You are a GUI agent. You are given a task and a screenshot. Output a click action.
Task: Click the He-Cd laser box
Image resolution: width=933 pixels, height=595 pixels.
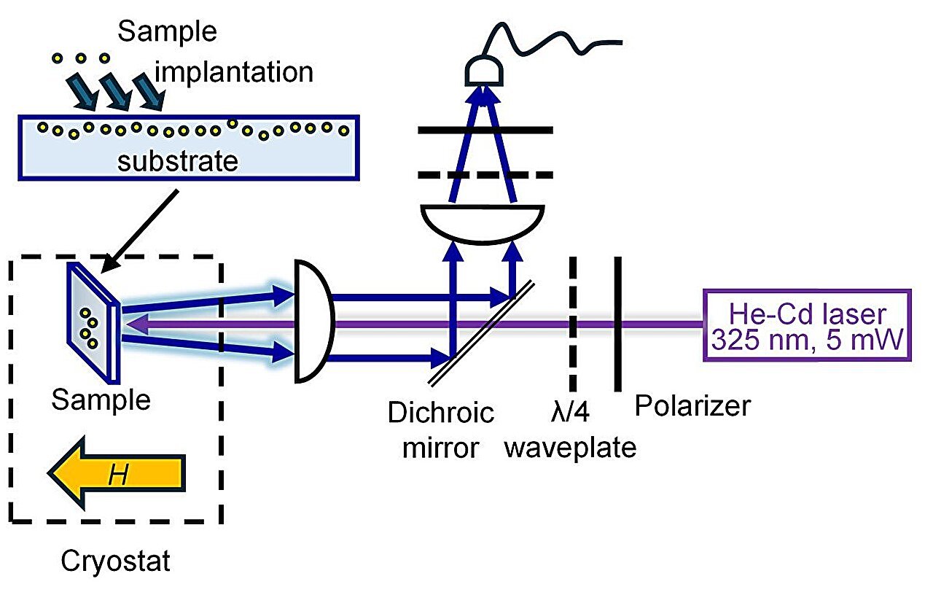point(807,324)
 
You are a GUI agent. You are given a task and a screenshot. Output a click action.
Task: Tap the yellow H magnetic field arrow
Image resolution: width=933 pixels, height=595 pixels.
point(117,473)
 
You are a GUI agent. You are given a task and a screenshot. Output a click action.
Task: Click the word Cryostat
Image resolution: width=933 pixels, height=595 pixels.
point(115,561)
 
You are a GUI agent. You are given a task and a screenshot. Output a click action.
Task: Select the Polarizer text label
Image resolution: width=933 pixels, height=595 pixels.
point(692,405)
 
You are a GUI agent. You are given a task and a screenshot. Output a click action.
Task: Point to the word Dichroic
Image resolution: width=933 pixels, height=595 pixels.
point(441,413)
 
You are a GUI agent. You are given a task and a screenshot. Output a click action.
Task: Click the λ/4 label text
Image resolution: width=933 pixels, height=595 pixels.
point(570,412)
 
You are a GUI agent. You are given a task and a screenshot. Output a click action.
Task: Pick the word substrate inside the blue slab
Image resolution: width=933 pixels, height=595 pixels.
point(177,161)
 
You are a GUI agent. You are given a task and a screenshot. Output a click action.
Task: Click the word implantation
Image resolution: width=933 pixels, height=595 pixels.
point(234,72)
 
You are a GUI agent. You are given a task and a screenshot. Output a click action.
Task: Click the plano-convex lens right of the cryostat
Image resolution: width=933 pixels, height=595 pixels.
point(313,321)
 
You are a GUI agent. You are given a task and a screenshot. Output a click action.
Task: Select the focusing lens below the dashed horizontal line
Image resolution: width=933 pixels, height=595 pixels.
point(483,224)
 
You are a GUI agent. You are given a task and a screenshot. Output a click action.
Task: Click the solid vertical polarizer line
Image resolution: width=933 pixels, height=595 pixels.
point(617,324)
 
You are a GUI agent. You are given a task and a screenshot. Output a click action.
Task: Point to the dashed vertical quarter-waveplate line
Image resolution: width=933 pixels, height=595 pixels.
point(573,324)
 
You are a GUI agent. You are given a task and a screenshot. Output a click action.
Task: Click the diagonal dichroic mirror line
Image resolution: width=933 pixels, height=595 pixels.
point(482,334)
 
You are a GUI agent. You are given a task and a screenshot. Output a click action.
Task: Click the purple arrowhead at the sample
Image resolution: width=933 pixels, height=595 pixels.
point(136,324)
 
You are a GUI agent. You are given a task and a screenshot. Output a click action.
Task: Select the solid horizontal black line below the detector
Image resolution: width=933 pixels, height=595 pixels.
point(485,130)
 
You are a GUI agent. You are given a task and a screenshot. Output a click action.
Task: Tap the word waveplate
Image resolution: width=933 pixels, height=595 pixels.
point(570,448)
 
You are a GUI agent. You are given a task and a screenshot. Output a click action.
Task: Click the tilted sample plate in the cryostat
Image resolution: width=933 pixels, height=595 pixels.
point(94,323)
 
